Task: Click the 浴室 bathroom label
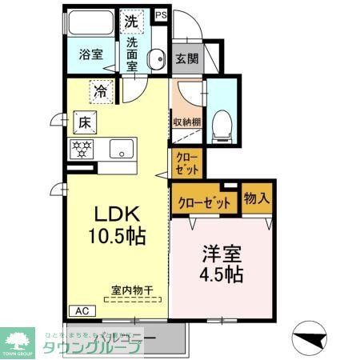(x=90, y=54)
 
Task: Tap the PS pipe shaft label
(x=161, y=14)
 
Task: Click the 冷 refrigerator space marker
(x=102, y=91)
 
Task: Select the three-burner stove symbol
(x=82, y=147)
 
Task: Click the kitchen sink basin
(x=122, y=148)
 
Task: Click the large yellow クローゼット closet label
(x=204, y=203)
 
